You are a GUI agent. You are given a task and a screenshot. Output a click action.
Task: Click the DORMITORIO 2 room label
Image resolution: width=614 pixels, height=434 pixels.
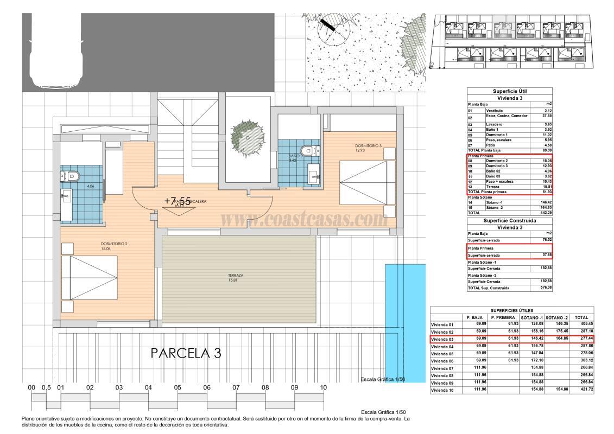(x=113, y=244)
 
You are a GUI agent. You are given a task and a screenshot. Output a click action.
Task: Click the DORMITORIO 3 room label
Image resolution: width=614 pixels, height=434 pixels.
(x=369, y=145)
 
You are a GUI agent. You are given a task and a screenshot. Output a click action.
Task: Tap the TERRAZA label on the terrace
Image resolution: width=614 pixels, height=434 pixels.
(x=236, y=276)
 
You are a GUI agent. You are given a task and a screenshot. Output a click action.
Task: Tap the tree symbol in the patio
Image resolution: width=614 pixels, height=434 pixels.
(x=248, y=131)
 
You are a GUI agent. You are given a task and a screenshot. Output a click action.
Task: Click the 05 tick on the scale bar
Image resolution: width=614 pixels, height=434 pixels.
(x=178, y=388)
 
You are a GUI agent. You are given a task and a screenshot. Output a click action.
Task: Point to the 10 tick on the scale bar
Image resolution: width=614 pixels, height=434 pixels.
(x=323, y=388)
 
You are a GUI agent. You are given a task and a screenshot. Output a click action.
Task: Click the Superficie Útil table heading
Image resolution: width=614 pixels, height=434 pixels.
(x=509, y=91)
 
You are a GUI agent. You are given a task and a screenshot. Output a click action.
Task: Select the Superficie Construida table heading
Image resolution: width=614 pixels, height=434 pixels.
(x=509, y=221)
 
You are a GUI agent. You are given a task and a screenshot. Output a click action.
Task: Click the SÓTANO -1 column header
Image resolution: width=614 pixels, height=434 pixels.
(x=532, y=317)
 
